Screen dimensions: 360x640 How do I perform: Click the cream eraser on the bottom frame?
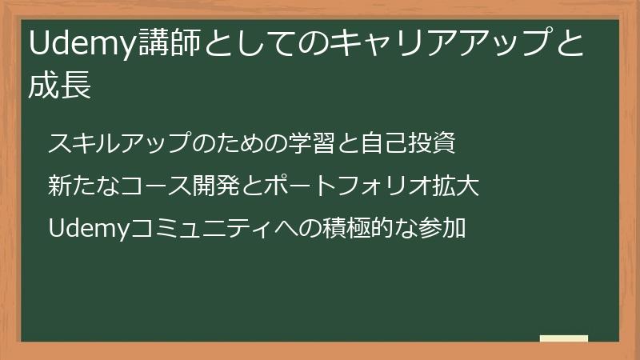click(x=563, y=339)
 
